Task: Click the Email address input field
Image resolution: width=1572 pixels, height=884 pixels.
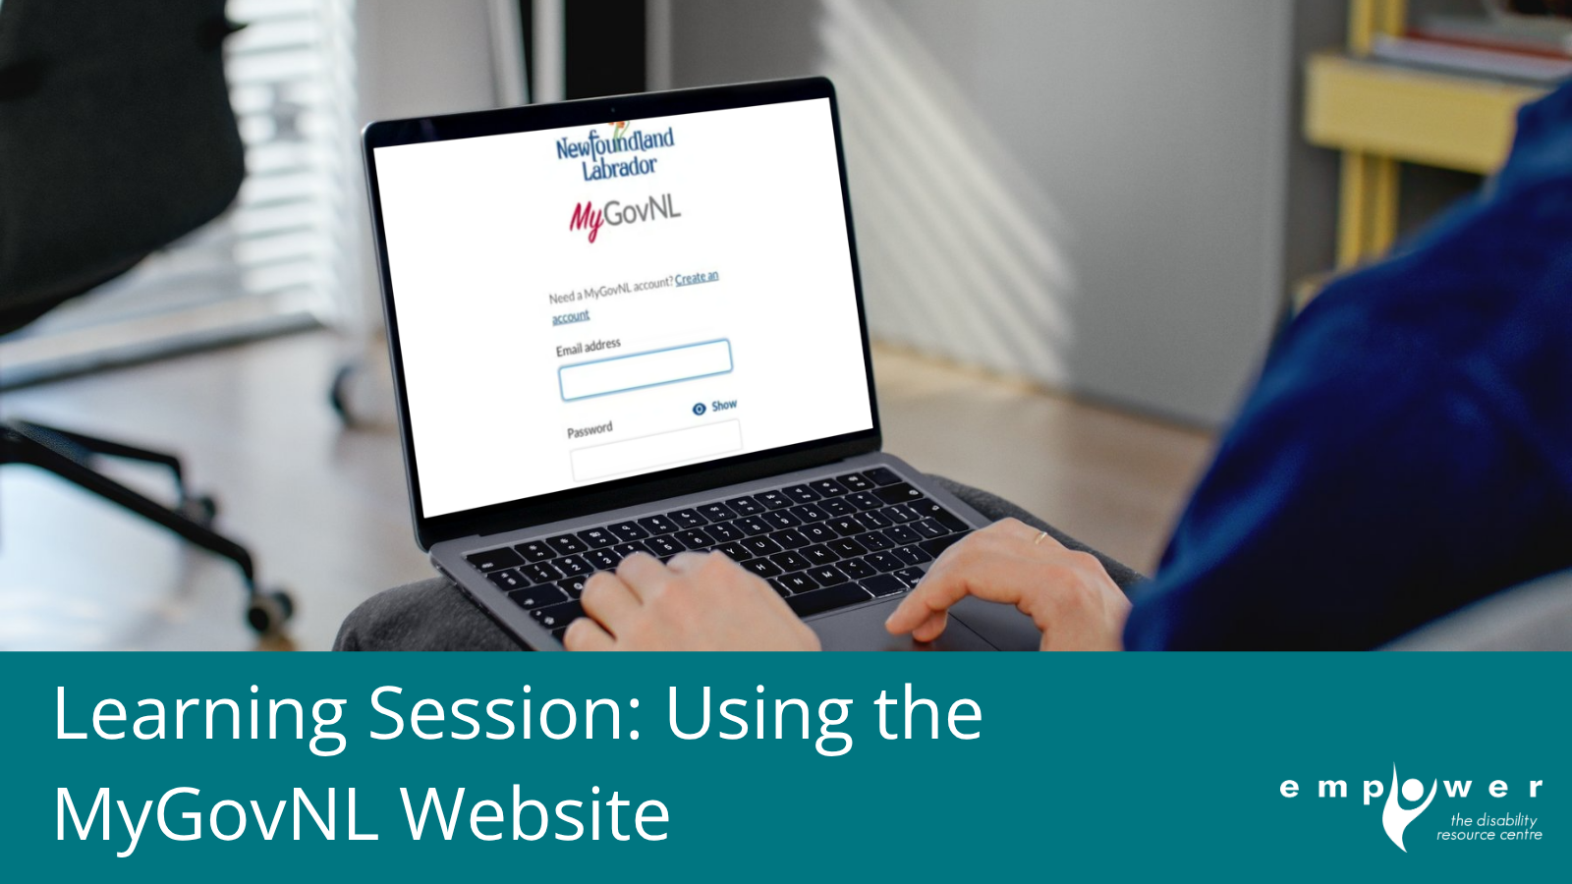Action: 646,369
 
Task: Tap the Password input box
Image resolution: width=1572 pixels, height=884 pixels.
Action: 654,451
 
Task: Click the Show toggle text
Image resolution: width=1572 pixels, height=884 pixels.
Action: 724,405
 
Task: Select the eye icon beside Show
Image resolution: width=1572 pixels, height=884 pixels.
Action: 700,409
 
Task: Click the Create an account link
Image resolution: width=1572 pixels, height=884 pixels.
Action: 696,278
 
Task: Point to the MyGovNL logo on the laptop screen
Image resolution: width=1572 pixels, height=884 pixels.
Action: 625,216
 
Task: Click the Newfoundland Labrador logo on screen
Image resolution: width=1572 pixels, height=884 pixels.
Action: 616,152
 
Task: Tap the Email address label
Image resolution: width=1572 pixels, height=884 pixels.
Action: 589,347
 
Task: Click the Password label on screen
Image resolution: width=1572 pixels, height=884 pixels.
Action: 589,430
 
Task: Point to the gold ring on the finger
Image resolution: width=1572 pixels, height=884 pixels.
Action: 1039,536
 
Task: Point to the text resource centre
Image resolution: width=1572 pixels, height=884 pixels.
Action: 1488,835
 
